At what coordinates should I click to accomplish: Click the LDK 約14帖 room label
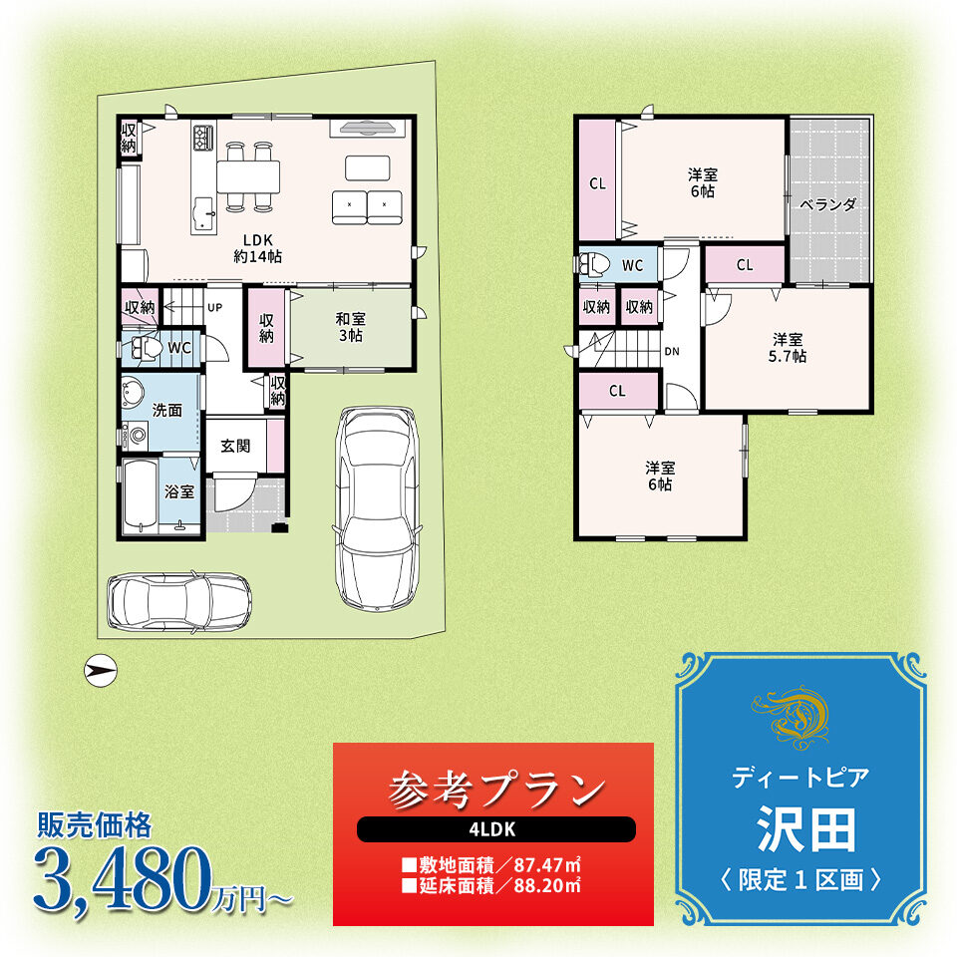257,248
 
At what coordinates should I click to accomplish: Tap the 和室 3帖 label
351,327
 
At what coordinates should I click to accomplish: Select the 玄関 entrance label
235,447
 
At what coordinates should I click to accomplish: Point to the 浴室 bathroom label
178,491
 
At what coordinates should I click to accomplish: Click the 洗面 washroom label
167,410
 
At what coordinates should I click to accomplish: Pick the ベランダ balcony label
828,204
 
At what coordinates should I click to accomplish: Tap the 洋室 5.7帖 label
788,347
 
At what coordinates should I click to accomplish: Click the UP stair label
215,308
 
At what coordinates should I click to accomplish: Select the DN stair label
672,352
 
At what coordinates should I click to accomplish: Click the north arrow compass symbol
100,670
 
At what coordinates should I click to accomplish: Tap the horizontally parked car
179,602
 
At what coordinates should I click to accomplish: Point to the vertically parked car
378,507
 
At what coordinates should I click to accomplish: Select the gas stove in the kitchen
203,138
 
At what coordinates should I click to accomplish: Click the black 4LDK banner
496,829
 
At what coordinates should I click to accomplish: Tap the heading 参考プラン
495,790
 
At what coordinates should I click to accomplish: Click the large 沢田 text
805,828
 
